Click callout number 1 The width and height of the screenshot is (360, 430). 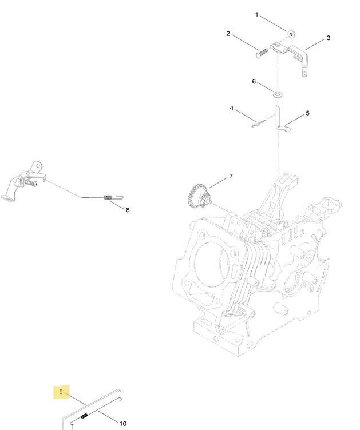(x=256, y=14)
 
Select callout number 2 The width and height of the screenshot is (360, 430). (x=228, y=34)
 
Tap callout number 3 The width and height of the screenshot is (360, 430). (x=329, y=38)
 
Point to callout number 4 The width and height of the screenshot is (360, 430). (x=232, y=109)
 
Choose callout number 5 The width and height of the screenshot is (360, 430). (x=307, y=113)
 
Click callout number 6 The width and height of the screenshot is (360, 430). (x=254, y=81)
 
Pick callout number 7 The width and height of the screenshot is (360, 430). (x=231, y=176)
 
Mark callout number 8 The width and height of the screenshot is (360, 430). (x=128, y=210)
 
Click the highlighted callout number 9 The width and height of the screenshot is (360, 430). (x=61, y=392)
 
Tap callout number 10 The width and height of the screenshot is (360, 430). (x=122, y=424)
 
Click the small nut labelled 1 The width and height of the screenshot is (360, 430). (x=291, y=34)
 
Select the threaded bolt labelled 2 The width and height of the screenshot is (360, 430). (x=262, y=53)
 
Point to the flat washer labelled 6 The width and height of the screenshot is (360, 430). (x=278, y=95)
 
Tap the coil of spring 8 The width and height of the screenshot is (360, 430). (x=108, y=197)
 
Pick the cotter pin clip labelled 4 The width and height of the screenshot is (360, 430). (x=258, y=124)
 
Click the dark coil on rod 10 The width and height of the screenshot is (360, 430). (x=84, y=416)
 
